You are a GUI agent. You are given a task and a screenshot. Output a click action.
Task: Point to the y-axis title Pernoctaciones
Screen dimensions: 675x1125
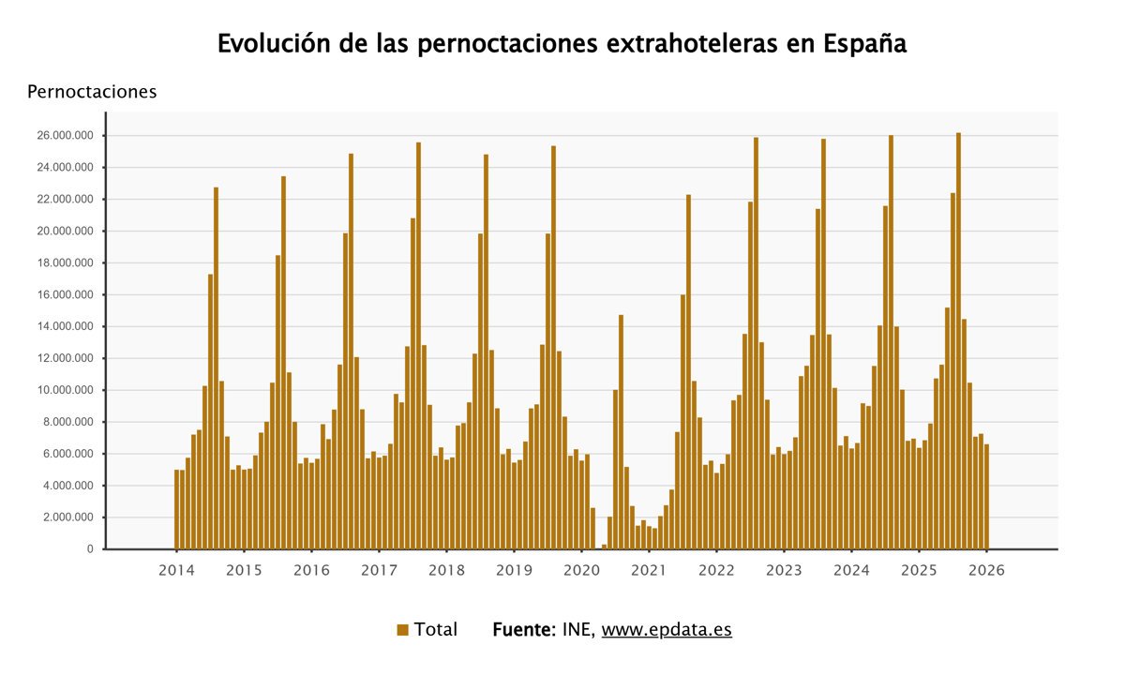click(x=92, y=92)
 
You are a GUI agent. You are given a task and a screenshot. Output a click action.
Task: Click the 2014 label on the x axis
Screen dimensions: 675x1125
click(x=176, y=570)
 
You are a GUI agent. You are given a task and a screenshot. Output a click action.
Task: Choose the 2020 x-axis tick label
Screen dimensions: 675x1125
click(x=581, y=570)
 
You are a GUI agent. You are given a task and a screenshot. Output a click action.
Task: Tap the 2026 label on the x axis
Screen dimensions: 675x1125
click(x=986, y=570)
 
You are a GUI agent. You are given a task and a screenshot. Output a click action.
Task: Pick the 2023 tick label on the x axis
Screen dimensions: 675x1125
click(x=784, y=570)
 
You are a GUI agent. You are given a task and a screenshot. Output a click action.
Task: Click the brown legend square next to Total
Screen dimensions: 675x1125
click(x=403, y=630)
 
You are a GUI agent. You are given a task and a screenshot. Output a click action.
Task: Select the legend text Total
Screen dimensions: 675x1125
click(x=436, y=630)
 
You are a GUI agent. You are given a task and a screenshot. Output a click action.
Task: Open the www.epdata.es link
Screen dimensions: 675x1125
click(x=667, y=630)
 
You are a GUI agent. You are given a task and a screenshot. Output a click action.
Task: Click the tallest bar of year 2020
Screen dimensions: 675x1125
click(x=621, y=431)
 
